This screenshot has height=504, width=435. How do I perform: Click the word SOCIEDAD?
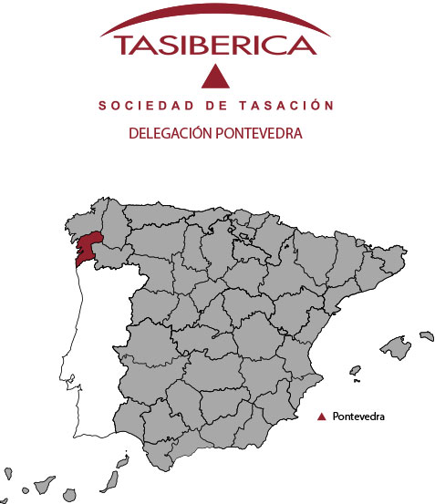point(138,107)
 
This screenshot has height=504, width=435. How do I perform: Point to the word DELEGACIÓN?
point(169,133)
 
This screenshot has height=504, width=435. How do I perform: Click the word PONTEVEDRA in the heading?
point(258,133)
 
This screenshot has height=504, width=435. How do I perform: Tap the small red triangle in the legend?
point(321,417)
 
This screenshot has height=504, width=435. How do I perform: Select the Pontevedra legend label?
point(360,417)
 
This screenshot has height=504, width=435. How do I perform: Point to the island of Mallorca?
point(395,348)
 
